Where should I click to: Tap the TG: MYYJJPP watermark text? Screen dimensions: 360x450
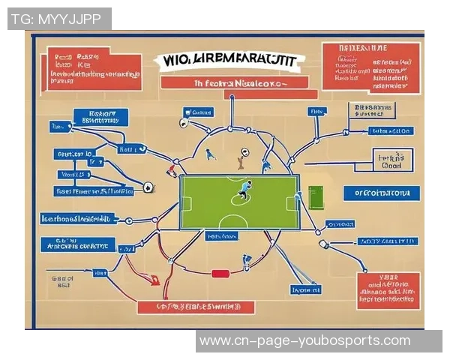click(59, 19)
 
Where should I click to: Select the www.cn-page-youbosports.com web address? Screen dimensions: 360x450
click(304, 341)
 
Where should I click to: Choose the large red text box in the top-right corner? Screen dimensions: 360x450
click(370, 67)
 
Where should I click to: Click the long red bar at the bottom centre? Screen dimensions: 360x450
click(196, 307)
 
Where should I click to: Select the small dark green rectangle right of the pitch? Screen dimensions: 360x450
click(315, 197)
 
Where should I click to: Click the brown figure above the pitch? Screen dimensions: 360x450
click(241, 159)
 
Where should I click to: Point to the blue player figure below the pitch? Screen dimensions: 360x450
click(246, 261)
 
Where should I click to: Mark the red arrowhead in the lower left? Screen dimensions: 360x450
click(154, 281)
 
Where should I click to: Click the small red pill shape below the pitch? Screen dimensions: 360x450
click(219, 274)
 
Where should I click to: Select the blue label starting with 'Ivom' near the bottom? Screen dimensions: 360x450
click(306, 289)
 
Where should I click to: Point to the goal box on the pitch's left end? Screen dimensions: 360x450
click(186, 203)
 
